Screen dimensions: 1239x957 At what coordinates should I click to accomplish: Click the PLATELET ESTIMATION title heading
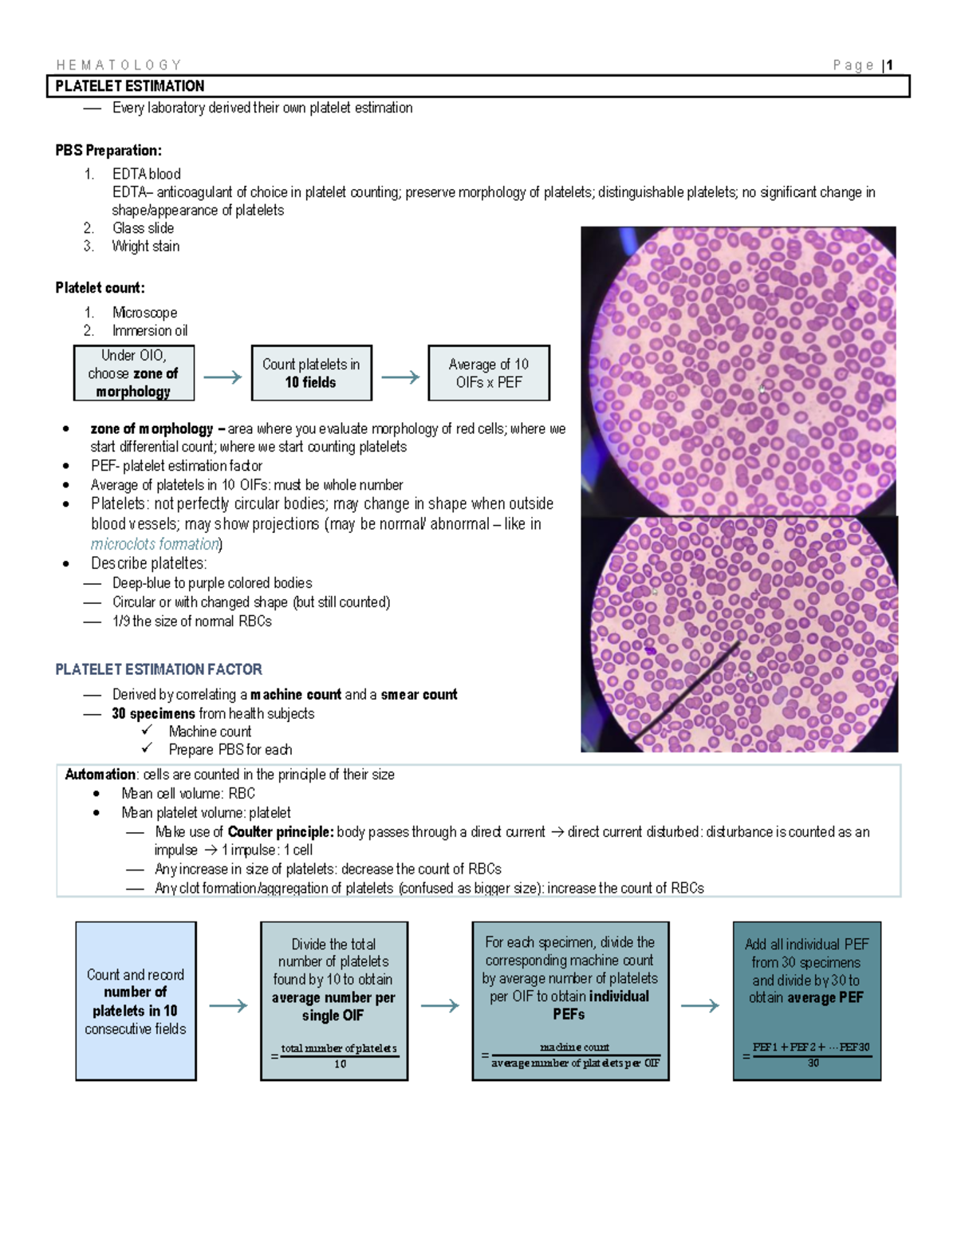(x=130, y=86)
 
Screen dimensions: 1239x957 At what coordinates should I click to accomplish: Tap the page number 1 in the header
(x=889, y=65)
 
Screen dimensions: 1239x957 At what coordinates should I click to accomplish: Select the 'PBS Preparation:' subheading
(x=108, y=151)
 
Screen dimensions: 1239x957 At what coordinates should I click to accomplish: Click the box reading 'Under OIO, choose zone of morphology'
(x=133, y=373)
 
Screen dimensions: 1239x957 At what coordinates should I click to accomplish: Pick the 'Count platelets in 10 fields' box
(x=311, y=373)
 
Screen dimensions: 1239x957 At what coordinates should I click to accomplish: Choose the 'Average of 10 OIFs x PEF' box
(x=488, y=373)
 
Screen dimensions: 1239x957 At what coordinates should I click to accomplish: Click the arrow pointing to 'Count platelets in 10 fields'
(x=223, y=377)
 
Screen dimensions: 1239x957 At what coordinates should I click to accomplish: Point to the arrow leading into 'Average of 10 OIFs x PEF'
(x=400, y=377)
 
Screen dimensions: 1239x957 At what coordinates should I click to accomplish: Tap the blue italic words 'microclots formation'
(x=155, y=544)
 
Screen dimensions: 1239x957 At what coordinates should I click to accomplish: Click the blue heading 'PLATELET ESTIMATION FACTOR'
(x=159, y=669)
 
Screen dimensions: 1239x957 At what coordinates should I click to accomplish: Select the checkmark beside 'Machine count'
(x=147, y=731)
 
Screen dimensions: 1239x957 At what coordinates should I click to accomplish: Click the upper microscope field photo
(x=738, y=371)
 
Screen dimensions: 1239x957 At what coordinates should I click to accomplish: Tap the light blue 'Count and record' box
(x=136, y=1001)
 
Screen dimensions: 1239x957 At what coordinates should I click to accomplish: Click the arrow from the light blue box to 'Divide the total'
(x=228, y=1006)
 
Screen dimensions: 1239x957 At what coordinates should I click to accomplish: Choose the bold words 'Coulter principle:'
(x=281, y=832)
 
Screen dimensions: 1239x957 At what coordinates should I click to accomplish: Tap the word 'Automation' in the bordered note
(x=100, y=775)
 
